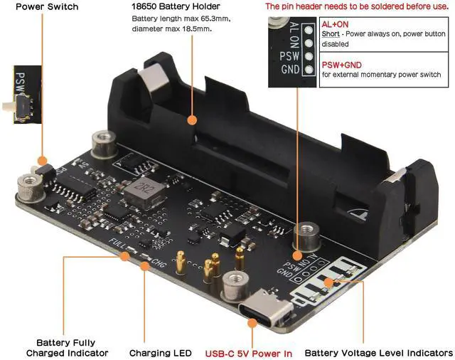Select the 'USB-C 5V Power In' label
249,352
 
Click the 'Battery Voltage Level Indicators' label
378,352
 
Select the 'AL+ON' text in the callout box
334,23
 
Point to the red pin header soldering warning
358,6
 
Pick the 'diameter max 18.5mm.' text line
171,29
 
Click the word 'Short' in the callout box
331,33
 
